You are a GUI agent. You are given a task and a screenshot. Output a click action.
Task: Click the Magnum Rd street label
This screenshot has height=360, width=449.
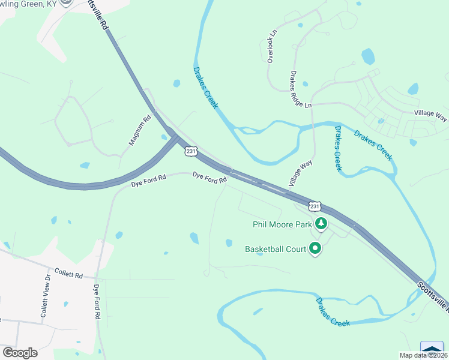[x=139, y=130]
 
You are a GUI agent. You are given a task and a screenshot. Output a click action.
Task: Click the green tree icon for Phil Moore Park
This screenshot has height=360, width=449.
[x=322, y=224]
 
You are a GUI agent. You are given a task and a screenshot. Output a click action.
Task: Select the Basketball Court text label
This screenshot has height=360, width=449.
[x=275, y=248]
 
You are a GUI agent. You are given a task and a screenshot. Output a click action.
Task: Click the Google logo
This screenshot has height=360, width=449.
[x=20, y=353]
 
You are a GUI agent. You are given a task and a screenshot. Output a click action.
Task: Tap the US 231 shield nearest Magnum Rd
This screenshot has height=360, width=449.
[x=190, y=151]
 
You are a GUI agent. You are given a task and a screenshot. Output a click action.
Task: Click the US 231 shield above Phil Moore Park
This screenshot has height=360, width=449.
[x=315, y=206]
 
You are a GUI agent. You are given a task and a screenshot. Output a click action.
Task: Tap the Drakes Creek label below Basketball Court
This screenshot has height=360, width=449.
[x=333, y=311]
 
